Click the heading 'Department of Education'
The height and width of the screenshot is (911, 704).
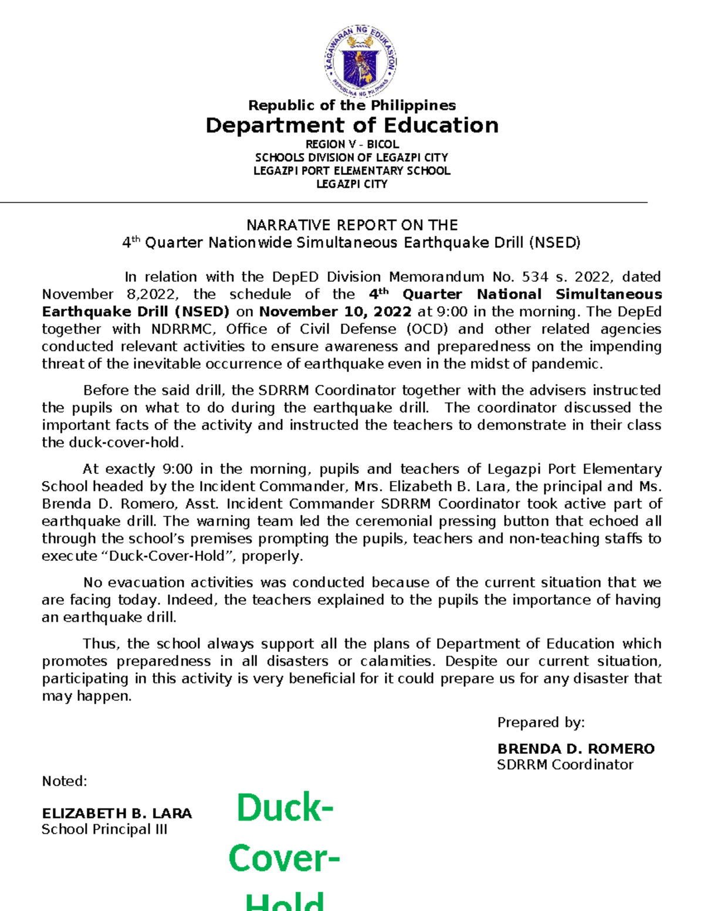(x=352, y=126)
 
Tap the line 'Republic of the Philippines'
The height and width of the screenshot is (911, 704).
(x=352, y=106)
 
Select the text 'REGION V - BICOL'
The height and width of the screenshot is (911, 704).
(x=352, y=144)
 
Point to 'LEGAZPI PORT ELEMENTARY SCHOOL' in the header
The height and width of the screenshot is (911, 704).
(x=352, y=171)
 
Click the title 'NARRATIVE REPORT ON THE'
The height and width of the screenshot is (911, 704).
(x=352, y=225)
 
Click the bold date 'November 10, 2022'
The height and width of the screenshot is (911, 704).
(x=335, y=311)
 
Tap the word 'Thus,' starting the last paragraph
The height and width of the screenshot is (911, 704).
(x=101, y=644)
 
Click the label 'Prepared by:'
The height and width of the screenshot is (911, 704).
(x=541, y=723)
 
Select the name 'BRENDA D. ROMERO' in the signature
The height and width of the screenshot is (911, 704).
(x=576, y=749)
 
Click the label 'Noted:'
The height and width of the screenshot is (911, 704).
(x=65, y=781)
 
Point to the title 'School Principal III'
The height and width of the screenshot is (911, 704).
(x=104, y=829)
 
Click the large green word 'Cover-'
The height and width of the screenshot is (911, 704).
(x=284, y=859)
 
